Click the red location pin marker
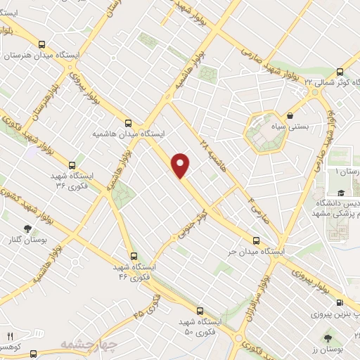[x=181, y=165]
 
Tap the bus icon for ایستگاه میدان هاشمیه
[x=127, y=121]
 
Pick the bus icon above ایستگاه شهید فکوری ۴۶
[x=134, y=256]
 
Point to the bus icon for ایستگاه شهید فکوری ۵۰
[x=200, y=310]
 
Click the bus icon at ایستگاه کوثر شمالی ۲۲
[x=340, y=72]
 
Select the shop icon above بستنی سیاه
[x=290, y=115]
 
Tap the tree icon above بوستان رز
[x=329, y=339]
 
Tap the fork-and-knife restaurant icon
[x=10, y=336]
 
